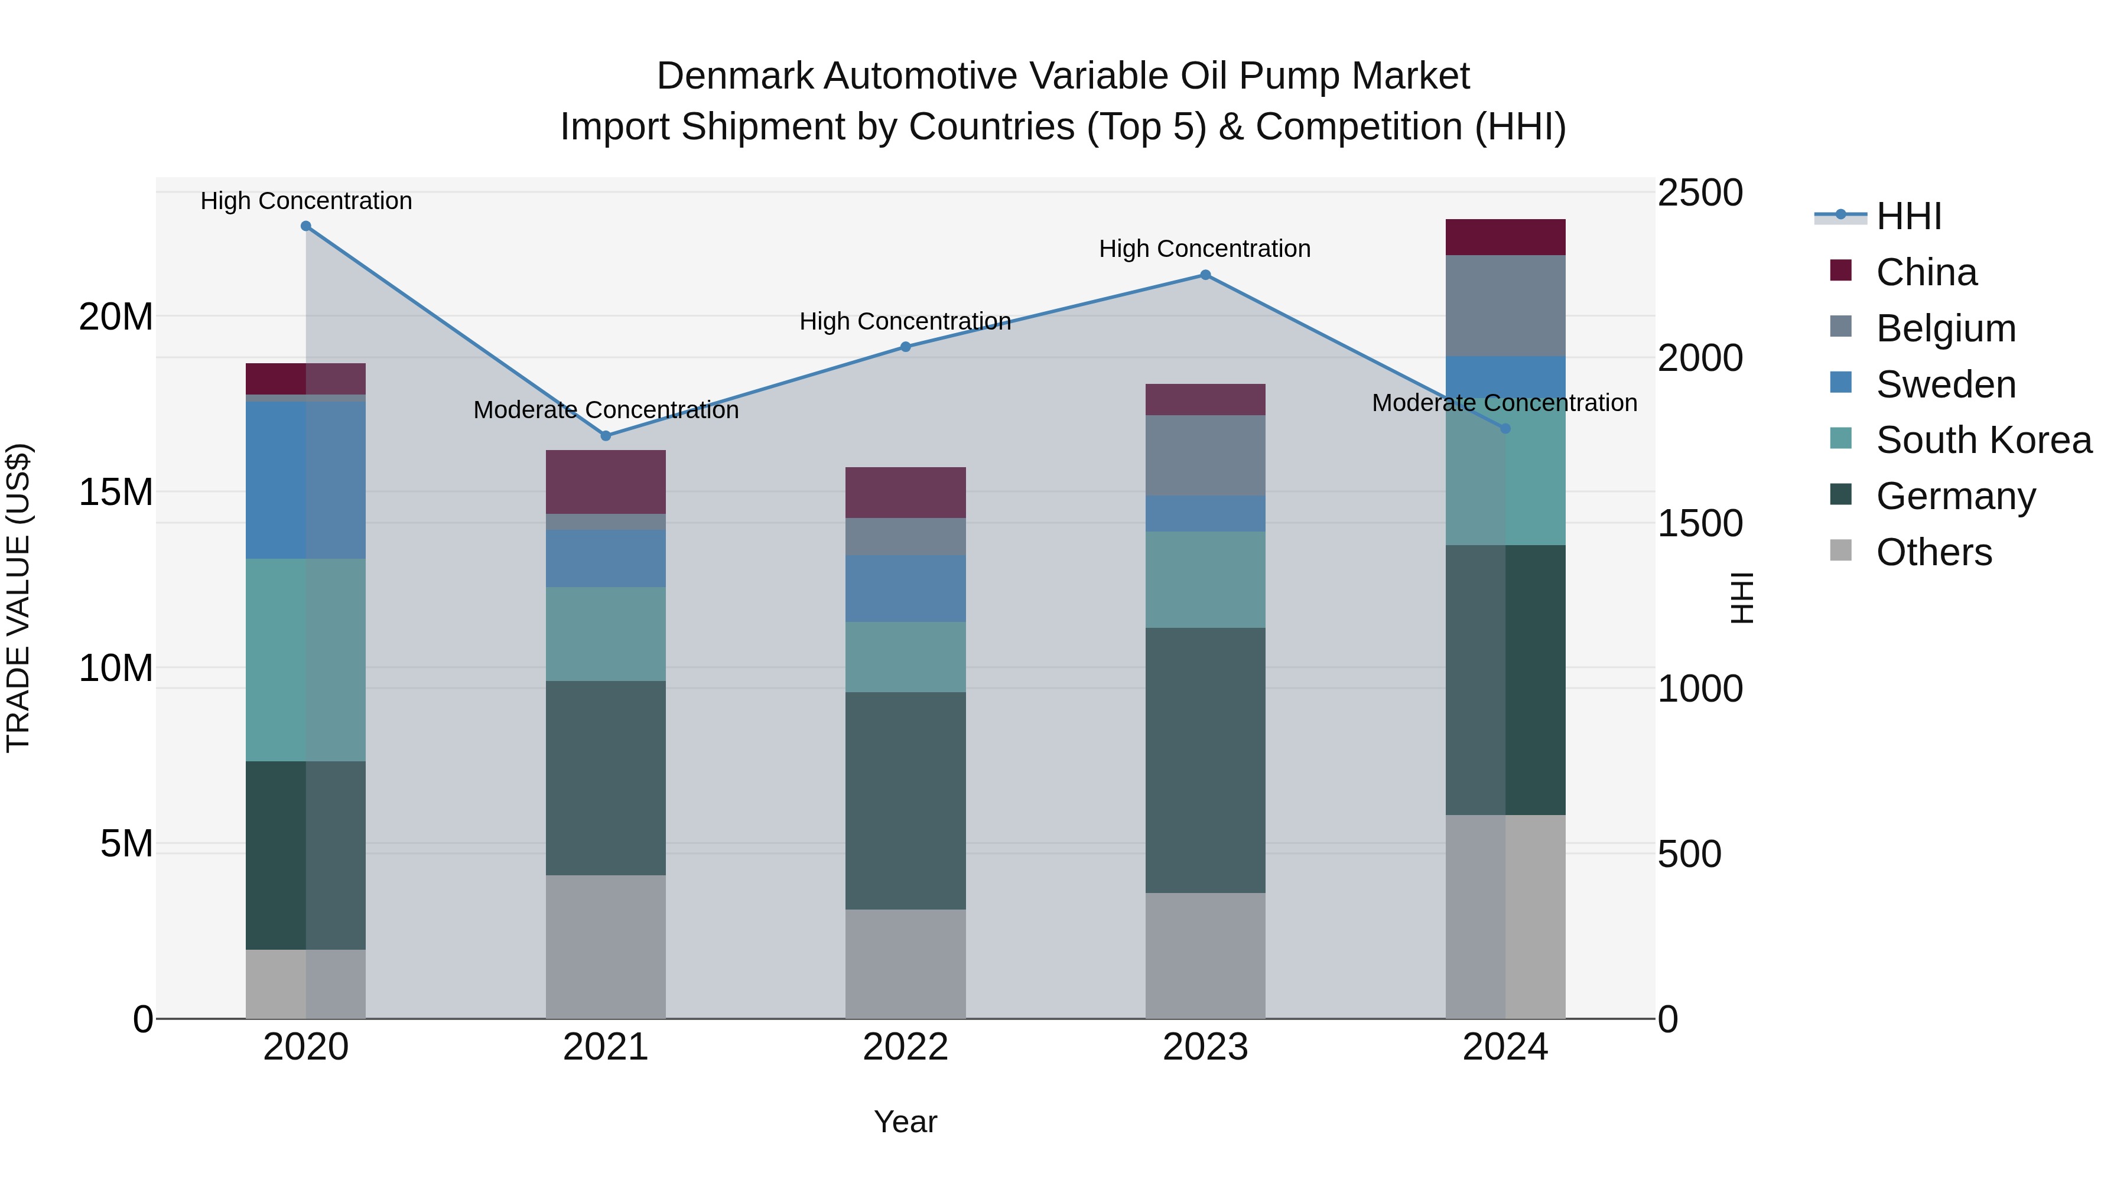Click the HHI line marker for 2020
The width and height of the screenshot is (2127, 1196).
tap(305, 226)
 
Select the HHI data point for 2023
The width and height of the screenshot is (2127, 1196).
tap(1205, 275)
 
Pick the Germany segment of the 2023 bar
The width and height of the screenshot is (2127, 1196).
tap(1205, 760)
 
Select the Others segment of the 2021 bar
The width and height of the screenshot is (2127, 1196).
tap(605, 947)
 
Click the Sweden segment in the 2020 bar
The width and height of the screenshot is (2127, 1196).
tap(305, 480)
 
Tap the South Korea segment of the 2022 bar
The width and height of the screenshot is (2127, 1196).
tap(905, 657)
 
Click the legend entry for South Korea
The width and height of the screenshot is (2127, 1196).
tap(1983, 440)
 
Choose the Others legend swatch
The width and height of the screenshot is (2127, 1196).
tap(1840, 550)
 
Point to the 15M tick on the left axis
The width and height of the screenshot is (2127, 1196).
tap(116, 492)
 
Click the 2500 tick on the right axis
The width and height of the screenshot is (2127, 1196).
tap(1700, 193)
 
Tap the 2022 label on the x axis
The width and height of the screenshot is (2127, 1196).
tap(905, 1047)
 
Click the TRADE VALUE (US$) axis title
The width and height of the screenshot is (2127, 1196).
tap(18, 598)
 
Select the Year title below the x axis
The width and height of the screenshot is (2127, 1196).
tap(905, 1122)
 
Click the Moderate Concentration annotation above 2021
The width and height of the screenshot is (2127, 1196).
tap(605, 410)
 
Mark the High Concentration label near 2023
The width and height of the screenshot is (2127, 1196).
tap(1205, 249)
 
